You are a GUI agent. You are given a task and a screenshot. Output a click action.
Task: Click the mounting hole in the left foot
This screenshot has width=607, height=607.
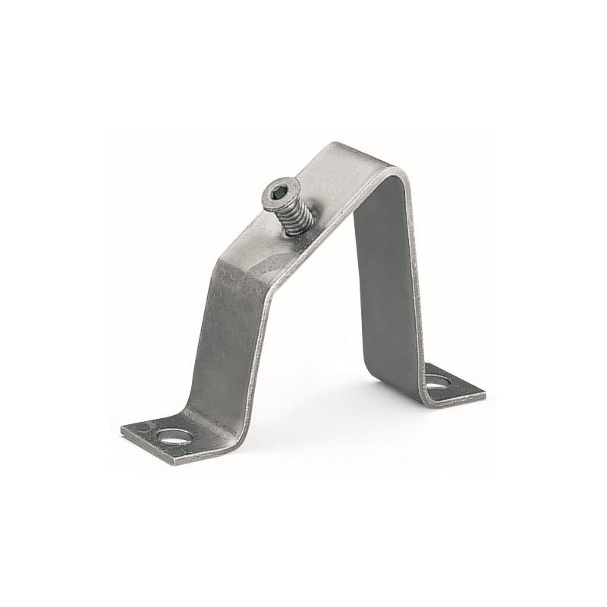point(174,437)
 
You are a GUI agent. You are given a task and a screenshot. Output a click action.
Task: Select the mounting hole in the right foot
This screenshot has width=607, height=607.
point(438,380)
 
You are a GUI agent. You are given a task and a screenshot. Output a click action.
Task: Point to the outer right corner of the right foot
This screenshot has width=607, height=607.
point(483,394)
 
